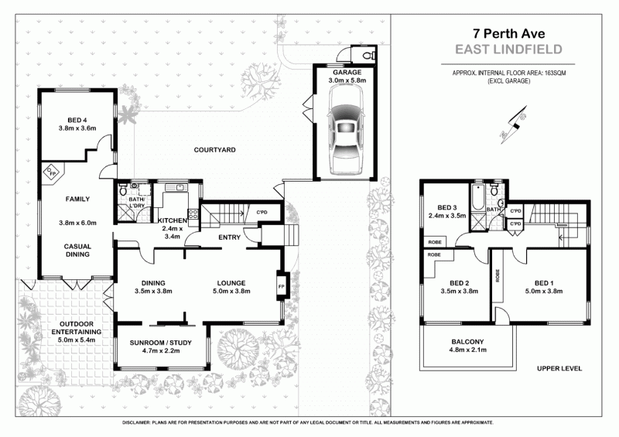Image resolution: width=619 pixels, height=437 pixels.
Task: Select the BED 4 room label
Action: tap(77, 119)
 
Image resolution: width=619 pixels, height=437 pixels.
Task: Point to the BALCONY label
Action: tap(467, 342)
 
